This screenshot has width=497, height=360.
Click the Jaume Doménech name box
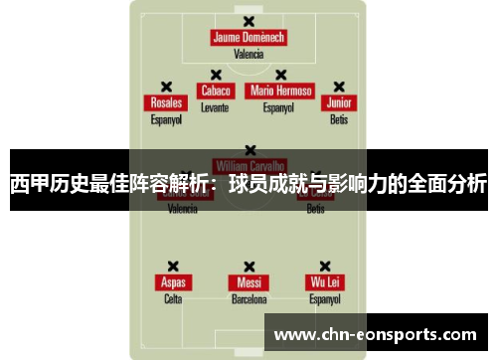(248, 38)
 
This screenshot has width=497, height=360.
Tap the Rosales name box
(166, 103)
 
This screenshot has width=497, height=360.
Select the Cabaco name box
(215, 90)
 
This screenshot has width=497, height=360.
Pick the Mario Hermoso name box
(280, 90)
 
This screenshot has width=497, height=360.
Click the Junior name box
(339, 103)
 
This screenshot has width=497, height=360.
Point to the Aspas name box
(173, 282)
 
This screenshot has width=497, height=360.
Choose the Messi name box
(248, 282)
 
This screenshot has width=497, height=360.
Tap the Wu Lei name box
(324, 282)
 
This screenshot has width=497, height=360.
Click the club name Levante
(215, 106)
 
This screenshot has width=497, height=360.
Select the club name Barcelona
(248, 298)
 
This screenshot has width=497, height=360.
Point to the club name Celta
(173, 298)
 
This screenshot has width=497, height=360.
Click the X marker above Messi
(248, 267)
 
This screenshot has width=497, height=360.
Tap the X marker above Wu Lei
(324, 267)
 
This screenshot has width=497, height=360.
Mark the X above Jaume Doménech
(248, 22)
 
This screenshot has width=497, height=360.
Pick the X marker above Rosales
(166, 88)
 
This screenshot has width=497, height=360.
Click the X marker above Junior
(339, 88)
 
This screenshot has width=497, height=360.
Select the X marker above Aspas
(173, 267)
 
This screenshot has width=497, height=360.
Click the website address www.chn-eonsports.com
(379, 334)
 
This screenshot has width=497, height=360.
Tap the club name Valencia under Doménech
(248, 55)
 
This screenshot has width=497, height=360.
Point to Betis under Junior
(339, 119)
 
